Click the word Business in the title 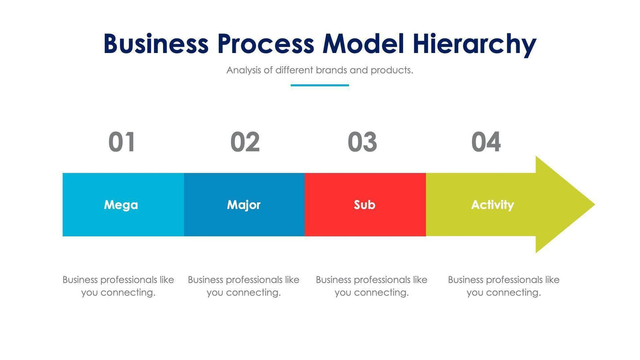click(x=156, y=44)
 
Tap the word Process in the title click(x=266, y=44)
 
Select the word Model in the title click(x=363, y=44)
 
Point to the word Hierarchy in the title click(x=474, y=45)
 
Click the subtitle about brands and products click(x=320, y=70)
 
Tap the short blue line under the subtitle click(x=320, y=85)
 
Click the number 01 click(x=121, y=142)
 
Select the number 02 click(x=245, y=142)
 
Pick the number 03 click(x=362, y=142)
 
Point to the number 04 click(x=486, y=142)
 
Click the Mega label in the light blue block click(x=121, y=205)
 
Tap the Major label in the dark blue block click(x=244, y=205)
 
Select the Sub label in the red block click(x=364, y=205)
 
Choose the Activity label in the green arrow click(x=492, y=205)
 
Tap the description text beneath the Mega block click(x=118, y=286)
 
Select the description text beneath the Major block click(x=244, y=286)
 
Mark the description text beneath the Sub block click(x=371, y=286)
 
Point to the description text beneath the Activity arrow click(x=504, y=286)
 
